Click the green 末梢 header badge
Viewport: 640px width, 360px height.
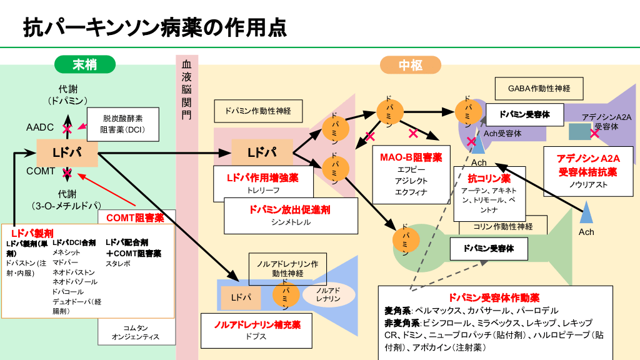pos(84,64)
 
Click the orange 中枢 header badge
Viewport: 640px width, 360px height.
pos(410,64)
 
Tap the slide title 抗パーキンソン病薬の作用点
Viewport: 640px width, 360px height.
pos(155,27)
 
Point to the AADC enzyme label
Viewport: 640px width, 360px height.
pos(40,127)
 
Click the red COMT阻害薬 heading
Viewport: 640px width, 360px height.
pos(135,218)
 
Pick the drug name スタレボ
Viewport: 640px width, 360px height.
pos(118,264)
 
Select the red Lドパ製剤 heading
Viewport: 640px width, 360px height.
pos(27,232)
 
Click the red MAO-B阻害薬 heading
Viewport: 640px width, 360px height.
pos(411,157)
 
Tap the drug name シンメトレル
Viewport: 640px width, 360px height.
pos(291,222)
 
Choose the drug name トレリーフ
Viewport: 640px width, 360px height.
pos(262,190)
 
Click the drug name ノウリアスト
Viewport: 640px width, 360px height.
pos(587,185)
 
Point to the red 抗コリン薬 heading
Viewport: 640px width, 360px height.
pos(489,178)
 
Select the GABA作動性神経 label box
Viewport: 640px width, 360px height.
pos(539,89)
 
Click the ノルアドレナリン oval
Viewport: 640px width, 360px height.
pos(327,295)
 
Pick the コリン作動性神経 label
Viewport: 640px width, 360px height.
pos(503,226)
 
